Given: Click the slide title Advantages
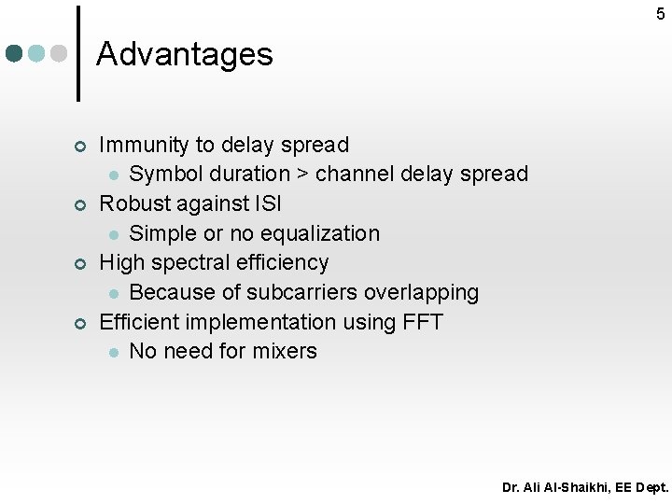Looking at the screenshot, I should [x=184, y=54].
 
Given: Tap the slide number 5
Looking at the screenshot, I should [x=661, y=13].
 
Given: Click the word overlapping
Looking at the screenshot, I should [x=422, y=292].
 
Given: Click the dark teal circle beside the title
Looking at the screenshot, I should [x=14, y=53].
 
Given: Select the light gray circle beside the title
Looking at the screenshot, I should [x=58, y=53].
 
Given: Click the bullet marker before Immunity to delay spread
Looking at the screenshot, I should [x=80, y=147].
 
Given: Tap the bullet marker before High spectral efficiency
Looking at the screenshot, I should [x=80, y=264].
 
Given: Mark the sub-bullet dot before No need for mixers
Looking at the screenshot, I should [x=112, y=353].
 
